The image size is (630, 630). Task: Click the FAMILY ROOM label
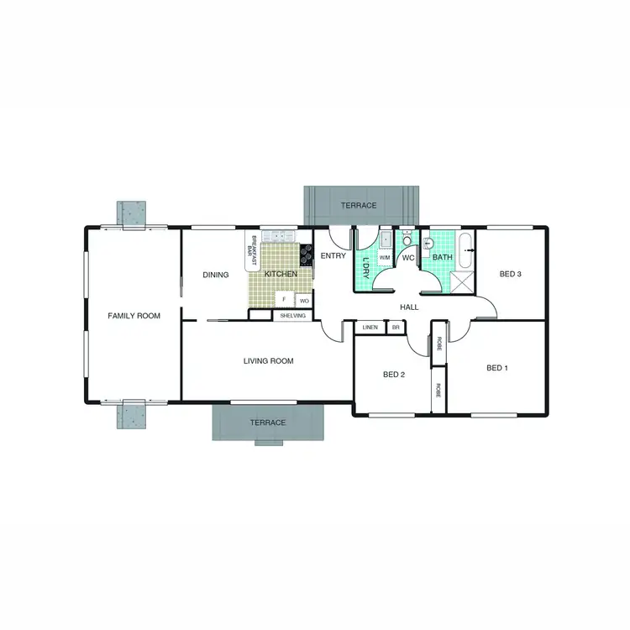tap(134, 316)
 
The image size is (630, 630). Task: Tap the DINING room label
tap(216, 275)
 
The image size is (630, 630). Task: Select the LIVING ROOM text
tap(268, 361)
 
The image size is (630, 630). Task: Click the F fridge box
tap(284, 299)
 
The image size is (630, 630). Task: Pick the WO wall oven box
tap(304, 300)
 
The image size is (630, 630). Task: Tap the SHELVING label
tap(293, 316)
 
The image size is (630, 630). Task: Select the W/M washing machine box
tap(385, 257)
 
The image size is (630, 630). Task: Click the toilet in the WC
tap(407, 240)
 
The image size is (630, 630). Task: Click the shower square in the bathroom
tap(463, 281)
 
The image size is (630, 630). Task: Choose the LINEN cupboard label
tap(370, 327)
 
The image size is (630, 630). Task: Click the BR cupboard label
tap(396, 327)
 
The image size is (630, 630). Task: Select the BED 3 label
tap(511, 274)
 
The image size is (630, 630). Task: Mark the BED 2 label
tap(394, 375)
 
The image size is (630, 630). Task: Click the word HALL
tap(409, 307)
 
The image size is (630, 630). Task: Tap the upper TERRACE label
tap(359, 206)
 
